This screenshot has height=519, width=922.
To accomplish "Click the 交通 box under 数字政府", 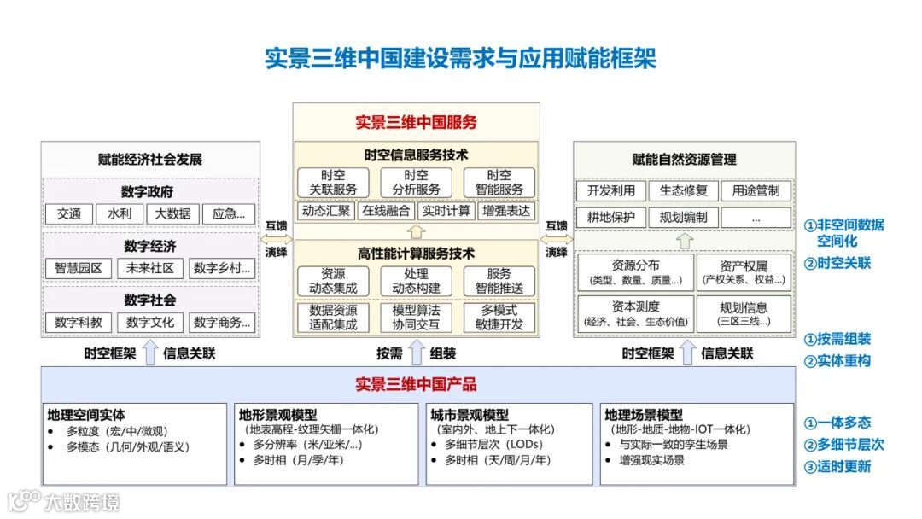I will coord(69,213).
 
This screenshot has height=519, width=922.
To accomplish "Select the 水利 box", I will coord(120,213).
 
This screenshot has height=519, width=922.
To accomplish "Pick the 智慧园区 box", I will coord(79,268).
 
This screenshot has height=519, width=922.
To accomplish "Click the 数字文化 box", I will coord(150,322).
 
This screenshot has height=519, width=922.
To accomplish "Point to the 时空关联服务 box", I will coord(333,182).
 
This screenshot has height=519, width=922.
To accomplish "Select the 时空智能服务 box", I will coord(499,182).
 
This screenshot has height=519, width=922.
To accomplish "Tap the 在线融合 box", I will coord(387,211).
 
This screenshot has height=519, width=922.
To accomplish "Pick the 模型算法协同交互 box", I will coord(416,317).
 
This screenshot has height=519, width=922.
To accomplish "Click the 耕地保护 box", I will coord(611,217).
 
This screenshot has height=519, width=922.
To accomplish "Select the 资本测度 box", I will coord(635,313).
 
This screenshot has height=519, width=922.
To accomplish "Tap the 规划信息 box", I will coord(744,313).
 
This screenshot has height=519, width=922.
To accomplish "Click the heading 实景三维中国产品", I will coord(416,384).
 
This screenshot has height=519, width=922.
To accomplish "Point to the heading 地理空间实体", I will coord(85,416).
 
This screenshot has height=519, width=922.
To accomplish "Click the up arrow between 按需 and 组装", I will coord(416,352).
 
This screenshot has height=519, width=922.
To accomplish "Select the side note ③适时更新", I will coord(837,466).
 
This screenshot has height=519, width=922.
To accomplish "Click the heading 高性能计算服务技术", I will coord(416,254).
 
